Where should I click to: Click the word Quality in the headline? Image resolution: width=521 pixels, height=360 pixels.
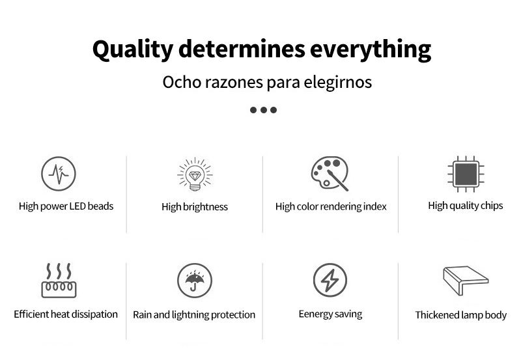(133, 50)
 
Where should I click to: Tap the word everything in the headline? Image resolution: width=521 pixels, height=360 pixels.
(371, 50)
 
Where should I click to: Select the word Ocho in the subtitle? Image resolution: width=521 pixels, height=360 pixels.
(182, 82)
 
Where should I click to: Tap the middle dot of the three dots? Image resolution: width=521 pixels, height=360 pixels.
(264, 110)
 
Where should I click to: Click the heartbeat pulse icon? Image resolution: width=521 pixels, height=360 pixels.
(59, 174)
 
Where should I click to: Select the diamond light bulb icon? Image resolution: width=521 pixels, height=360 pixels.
(195, 174)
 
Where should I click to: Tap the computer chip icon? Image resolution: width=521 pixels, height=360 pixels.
(466, 174)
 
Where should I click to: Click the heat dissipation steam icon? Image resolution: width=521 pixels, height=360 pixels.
(59, 281)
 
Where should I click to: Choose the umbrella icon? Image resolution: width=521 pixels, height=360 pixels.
(195, 281)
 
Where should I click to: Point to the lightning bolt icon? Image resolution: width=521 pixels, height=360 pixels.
(330, 281)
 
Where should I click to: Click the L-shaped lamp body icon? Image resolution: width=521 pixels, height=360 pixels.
(466, 281)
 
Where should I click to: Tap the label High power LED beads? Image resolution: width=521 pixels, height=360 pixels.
(66, 206)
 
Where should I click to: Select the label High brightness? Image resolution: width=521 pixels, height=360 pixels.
(195, 207)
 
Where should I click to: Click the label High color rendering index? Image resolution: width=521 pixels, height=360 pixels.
(331, 206)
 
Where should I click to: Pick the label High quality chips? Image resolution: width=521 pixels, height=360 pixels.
(466, 206)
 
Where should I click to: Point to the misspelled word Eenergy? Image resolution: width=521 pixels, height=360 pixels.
(315, 314)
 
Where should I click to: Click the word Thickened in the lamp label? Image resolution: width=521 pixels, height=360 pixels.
(436, 315)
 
